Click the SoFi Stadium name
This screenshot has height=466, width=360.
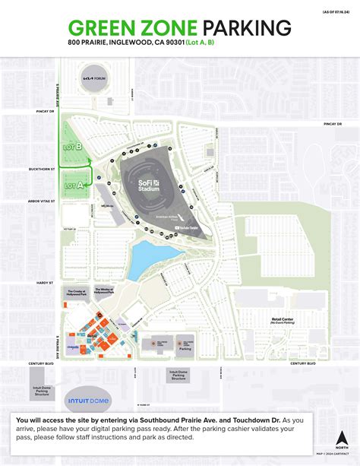pos(147,183)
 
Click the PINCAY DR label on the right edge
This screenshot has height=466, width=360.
pos(333,123)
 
